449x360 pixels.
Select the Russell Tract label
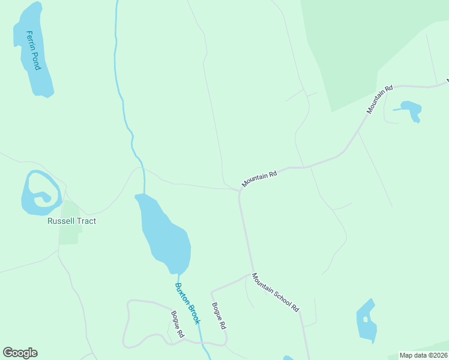(71, 221)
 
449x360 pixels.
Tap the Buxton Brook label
(187, 304)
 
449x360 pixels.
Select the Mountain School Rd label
(275, 292)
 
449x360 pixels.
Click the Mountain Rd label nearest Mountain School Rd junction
(259, 178)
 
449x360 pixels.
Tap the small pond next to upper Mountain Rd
(411, 109)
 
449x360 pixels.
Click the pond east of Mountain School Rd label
(366, 321)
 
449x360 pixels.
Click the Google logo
(20, 353)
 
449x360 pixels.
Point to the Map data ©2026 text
(423, 355)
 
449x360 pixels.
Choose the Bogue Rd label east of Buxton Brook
(218, 315)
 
